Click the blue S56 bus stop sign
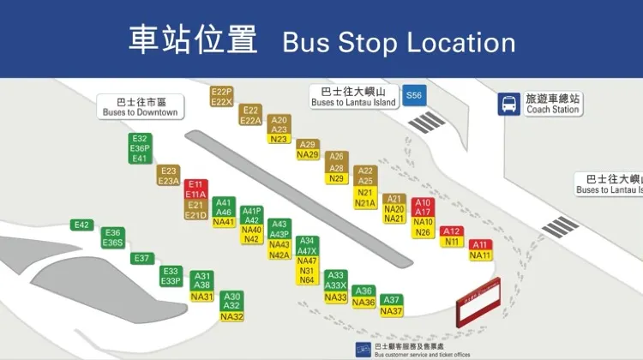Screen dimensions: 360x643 coord(415,96)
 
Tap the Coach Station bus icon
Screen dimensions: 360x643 coord(508,104)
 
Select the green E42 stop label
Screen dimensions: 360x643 coord(82,225)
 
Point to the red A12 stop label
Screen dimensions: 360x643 coord(452,231)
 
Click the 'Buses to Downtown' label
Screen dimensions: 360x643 coord(140,106)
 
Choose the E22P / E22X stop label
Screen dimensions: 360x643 coord(222,97)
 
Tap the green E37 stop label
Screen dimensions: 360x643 coord(141,258)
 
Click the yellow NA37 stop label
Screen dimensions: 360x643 coord(391,311)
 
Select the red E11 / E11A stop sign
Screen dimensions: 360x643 coord(196,189)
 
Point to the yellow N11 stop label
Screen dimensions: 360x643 coord(452,242)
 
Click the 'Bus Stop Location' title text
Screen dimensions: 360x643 coord(399,41)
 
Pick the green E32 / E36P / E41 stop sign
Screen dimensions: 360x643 coord(141,148)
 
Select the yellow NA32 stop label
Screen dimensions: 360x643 coord(232,316)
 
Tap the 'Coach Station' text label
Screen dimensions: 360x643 coord(553,109)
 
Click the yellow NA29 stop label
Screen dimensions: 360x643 coord(308,155)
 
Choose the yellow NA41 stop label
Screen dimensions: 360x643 coord(224,222)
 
